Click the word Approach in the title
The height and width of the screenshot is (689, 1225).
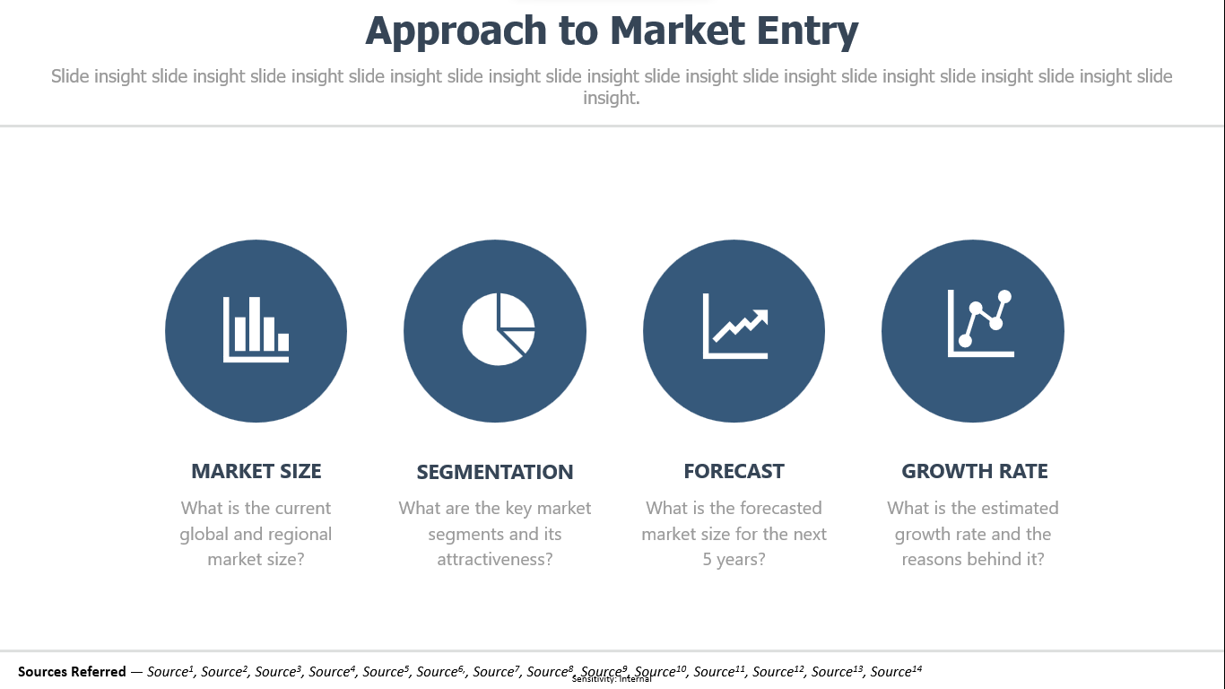click(456, 31)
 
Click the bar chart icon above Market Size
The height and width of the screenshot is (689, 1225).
click(256, 329)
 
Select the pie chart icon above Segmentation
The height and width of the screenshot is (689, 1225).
click(499, 329)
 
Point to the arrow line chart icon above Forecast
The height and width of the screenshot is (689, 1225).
click(735, 327)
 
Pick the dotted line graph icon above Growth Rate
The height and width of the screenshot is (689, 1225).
click(980, 324)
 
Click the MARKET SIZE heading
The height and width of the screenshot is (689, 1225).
click(256, 471)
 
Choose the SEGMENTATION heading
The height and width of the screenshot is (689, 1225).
click(495, 472)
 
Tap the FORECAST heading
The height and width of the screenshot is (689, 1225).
click(734, 471)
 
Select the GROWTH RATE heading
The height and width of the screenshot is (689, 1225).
click(975, 471)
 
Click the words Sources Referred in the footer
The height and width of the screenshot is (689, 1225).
click(72, 671)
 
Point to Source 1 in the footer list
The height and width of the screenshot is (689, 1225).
click(170, 671)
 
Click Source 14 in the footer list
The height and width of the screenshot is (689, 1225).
click(896, 671)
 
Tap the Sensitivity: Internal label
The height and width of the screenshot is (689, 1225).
click(612, 679)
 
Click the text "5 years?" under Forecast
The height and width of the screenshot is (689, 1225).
click(734, 559)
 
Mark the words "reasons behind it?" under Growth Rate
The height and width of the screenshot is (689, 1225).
click(973, 559)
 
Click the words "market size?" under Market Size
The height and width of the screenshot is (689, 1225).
click(256, 559)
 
